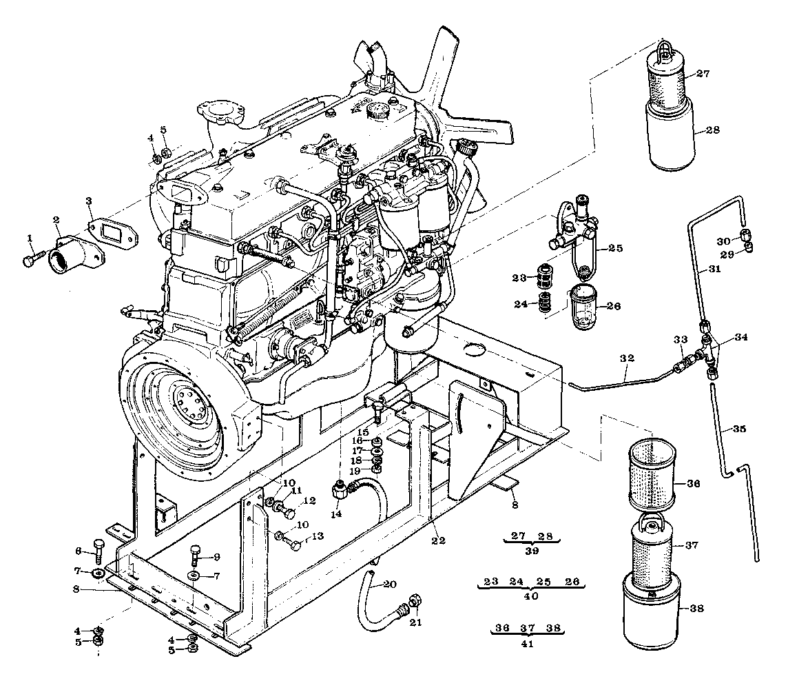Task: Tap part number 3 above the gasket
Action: pos(89,201)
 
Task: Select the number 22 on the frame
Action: pos(439,540)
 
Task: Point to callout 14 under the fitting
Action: pos(336,514)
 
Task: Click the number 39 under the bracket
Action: pos(532,551)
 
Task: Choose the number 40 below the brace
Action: pos(531,596)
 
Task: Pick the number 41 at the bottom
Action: pos(527,643)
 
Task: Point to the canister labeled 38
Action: pos(652,611)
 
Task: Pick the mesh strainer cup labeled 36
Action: pos(652,473)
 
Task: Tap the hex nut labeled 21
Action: pos(415,601)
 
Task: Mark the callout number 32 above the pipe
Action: pos(627,358)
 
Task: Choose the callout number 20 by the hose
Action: pos(390,584)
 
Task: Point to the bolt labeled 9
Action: pos(195,557)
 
